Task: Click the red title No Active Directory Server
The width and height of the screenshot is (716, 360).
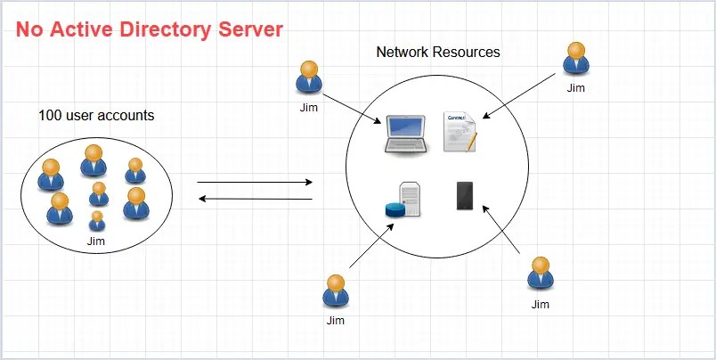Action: [x=150, y=29]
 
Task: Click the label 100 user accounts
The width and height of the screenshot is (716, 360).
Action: [x=96, y=115]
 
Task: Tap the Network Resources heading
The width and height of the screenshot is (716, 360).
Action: [x=438, y=52]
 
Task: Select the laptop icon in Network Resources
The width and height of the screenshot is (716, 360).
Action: [x=404, y=135]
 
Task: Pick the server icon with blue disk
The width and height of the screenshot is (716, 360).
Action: [x=406, y=200]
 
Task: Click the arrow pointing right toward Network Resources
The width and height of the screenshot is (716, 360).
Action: [x=255, y=182]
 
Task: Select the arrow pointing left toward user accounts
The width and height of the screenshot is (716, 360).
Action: [x=255, y=199]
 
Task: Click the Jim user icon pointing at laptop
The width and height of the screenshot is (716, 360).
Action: [x=309, y=78]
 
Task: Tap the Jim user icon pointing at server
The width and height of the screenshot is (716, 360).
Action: [x=335, y=291]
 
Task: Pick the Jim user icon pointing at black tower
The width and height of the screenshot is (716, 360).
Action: [x=541, y=274]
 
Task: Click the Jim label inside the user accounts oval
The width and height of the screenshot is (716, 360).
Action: [x=96, y=241]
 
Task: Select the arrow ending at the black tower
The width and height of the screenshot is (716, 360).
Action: [x=503, y=230]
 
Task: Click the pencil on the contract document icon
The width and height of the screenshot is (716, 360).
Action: [x=469, y=142]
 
